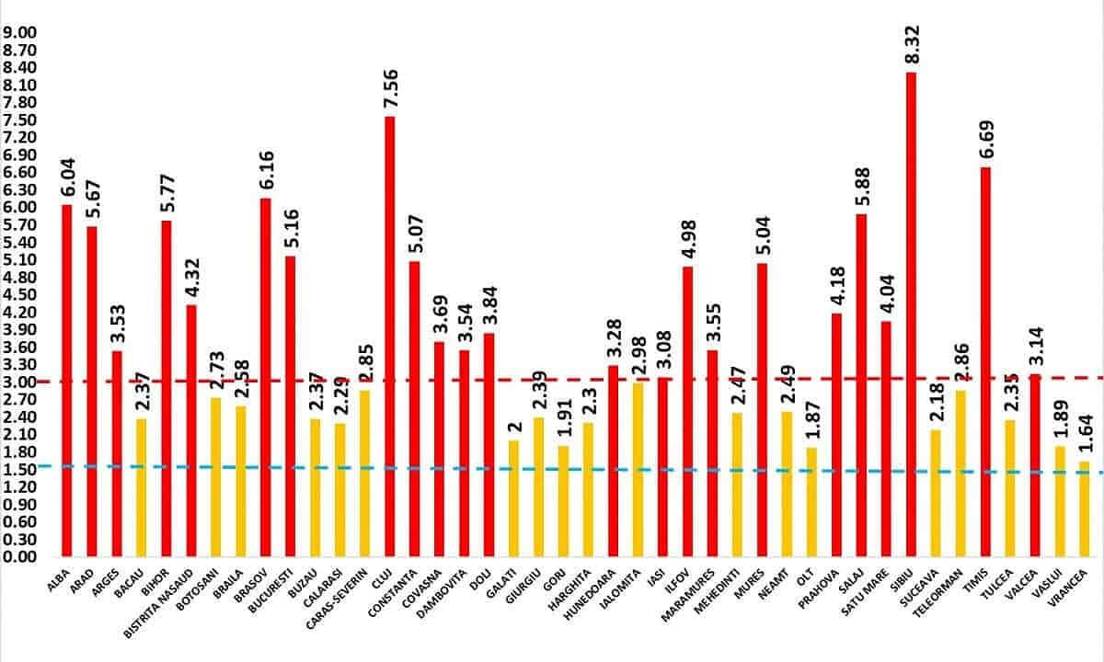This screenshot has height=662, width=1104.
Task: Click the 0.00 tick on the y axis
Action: (18, 557)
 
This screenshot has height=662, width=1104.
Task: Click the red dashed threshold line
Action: (552, 379)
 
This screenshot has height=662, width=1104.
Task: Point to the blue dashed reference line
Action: (552, 469)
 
